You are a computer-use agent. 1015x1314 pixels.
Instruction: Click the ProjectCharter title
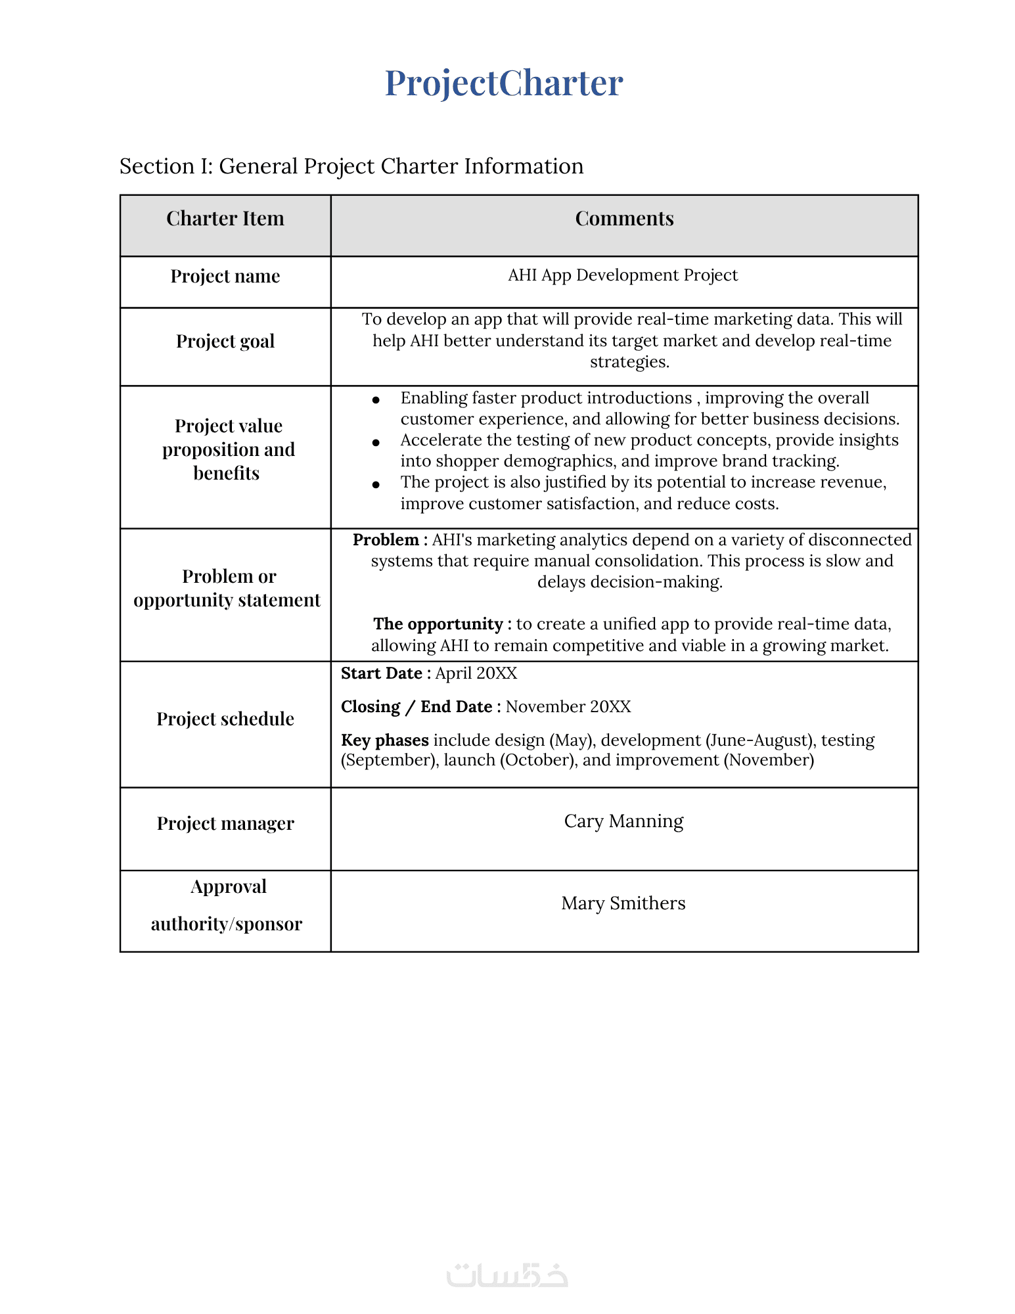503,83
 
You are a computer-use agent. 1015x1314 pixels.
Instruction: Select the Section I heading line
351,166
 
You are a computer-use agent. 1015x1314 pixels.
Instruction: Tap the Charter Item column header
225,219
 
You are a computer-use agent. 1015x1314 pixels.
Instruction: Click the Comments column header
624,219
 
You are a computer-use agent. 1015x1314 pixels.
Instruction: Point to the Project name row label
225,276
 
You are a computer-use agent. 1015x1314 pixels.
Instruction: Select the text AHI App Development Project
623,275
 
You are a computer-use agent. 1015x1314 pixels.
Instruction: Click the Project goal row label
225,342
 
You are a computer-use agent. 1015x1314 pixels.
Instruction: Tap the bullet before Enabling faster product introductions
376,399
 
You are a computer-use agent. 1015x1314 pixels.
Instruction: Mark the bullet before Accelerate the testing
376,442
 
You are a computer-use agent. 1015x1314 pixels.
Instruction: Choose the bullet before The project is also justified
376,485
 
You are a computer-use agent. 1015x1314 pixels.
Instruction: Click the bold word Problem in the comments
386,540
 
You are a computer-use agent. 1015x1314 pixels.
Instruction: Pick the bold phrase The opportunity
438,624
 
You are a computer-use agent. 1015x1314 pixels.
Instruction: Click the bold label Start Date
381,673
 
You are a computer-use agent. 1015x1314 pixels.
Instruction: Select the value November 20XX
568,707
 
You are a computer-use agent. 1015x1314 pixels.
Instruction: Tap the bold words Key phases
385,740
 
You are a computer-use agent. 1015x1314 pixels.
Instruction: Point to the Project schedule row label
225,719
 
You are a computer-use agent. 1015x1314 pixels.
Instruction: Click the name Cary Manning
623,821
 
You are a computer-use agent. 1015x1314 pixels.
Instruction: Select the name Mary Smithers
623,903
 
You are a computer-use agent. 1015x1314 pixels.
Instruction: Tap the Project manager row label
225,824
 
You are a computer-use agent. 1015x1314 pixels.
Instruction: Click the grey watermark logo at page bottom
507,1275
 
